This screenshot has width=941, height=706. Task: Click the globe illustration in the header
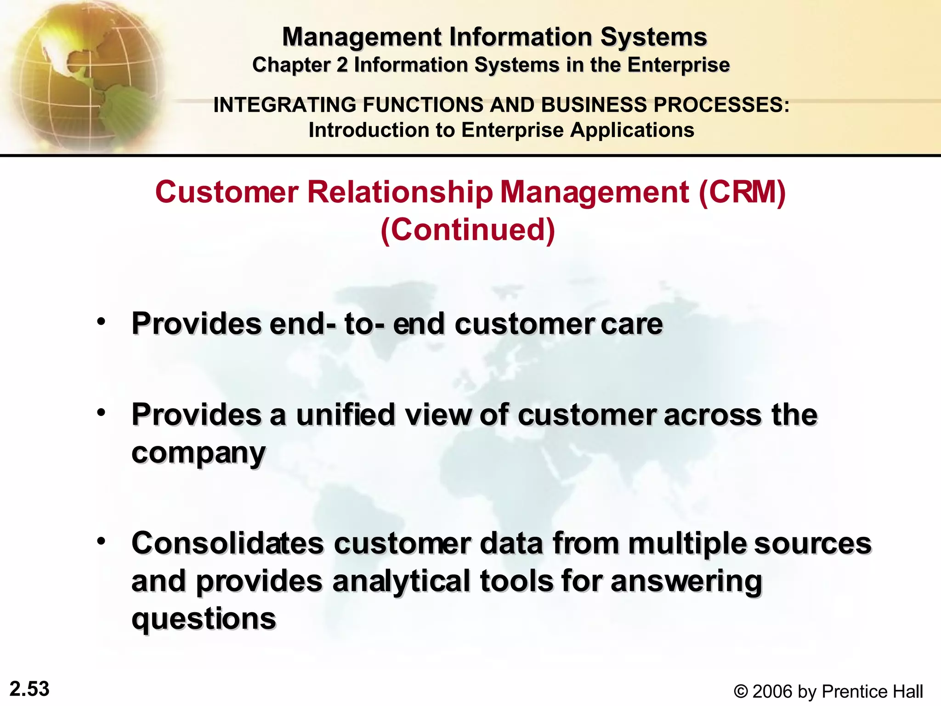coord(83,76)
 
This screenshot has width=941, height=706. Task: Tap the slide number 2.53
coord(29,689)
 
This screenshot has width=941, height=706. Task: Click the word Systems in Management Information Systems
coord(653,37)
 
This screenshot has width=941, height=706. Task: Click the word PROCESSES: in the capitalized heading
coord(721,105)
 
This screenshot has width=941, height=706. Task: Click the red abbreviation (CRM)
coord(742,192)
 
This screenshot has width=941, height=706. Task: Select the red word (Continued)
coord(468,229)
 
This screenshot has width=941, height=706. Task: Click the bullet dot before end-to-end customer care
coord(101,321)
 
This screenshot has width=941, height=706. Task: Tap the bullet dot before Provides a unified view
coord(101,412)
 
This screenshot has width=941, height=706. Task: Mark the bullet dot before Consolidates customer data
coord(101,541)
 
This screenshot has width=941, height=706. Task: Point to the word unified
coord(346,415)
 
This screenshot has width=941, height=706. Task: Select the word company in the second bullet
coord(198,453)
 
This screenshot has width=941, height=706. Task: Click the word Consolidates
coord(228,543)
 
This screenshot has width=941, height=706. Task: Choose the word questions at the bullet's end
coord(204,619)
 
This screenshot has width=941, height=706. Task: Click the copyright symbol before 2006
coord(740,691)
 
